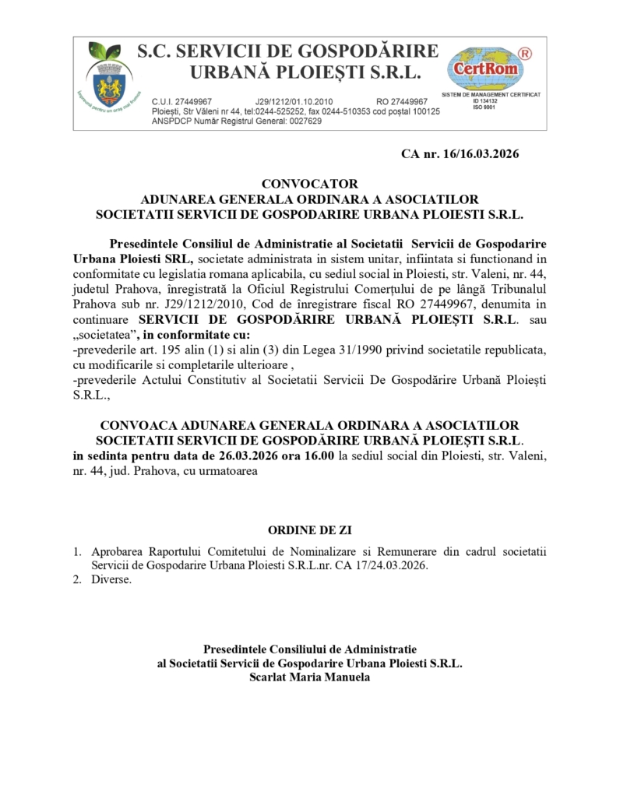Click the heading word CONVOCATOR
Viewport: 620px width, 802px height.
coord(309,185)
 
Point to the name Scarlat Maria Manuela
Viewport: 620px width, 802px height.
coord(309,677)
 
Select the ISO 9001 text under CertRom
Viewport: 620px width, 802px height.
coord(484,107)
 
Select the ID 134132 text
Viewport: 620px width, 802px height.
coord(484,100)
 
